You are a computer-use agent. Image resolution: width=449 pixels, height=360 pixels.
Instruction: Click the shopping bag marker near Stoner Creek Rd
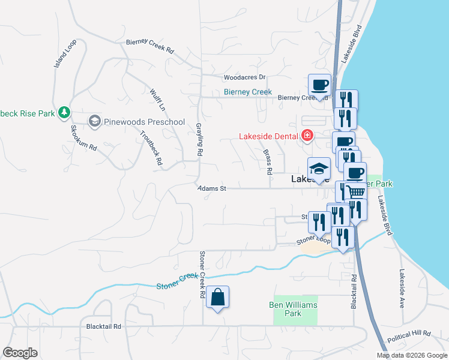tap(217, 298)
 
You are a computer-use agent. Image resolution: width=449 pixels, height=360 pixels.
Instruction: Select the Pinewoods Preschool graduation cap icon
tap(94, 122)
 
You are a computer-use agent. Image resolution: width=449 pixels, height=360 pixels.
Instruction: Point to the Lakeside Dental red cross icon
tap(307, 136)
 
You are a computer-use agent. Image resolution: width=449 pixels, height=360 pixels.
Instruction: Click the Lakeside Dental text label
tap(268, 136)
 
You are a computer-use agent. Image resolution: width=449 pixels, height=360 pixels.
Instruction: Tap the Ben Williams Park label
tap(292, 309)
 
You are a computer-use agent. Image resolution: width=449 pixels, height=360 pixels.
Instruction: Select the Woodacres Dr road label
tap(244, 77)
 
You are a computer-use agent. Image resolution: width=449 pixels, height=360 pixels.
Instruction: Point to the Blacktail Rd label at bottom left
tap(104, 326)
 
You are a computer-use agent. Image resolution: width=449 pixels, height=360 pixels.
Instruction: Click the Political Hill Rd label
tap(409, 332)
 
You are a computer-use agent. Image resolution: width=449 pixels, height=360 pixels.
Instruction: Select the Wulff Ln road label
tap(157, 100)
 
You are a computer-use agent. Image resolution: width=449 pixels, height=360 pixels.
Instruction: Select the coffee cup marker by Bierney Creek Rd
tap(319, 85)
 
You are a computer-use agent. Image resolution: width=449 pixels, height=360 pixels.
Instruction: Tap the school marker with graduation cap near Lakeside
tap(319, 169)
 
